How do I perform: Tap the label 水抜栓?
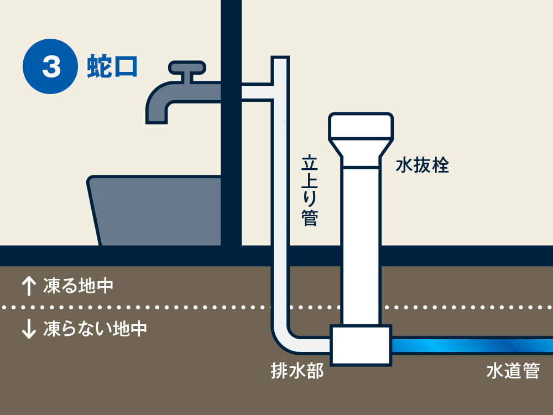pyautogui.click(x=422, y=165)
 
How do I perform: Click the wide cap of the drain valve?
pyautogui.click(x=361, y=126)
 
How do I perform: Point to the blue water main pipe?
pyautogui.click(x=470, y=345)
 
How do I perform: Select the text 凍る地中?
pyautogui.click(x=78, y=286)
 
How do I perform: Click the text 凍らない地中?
pyautogui.click(x=95, y=329)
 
